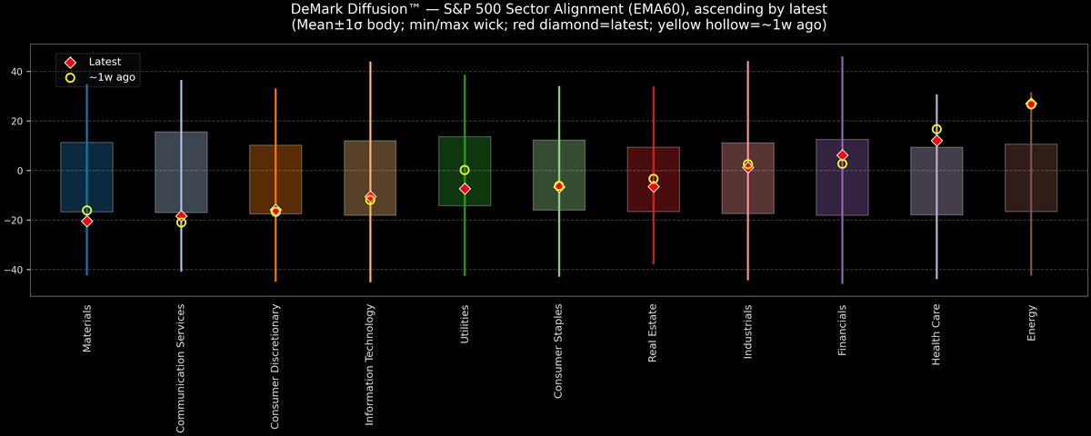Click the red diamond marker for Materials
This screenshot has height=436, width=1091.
pyautogui.click(x=87, y=221)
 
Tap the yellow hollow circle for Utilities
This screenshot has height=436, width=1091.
pyautogui.click(x=465, y=170)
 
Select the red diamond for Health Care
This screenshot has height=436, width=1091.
pyautogui.click(x=936, y=141)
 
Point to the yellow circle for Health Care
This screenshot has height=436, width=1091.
pyautogui.click(x=936, y=130)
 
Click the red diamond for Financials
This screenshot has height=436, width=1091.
pyautogui.click(x=843, y=155)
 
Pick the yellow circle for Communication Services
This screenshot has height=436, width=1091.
pyautogui.click(x=181, y=223)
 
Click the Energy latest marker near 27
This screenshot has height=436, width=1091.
pyautogui.click(x=1031, y=104)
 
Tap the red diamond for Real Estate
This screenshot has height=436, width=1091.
pyautogui.click(x=654, y=186)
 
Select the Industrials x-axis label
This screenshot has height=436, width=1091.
pyautogui.click(x=748, y=332)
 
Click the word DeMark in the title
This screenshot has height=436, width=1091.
pyautogui.click(x=322, y=9)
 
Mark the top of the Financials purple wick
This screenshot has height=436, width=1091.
pyautogui.click(x=843, y=57)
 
